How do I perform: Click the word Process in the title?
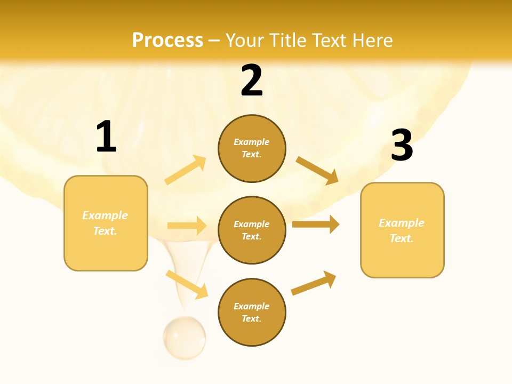click(x=167, y=41)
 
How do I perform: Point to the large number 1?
click(x=106, y=137)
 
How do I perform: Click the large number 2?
click(x=252, y=81)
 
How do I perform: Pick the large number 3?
click(x=402, y=145)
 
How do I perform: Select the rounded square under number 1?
click(x=106, y=223)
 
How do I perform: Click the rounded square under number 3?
click(x=402, y=230)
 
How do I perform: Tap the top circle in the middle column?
click(x=252, y=148)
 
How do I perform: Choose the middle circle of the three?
click(x=252, y=230)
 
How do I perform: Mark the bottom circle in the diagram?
click(x=252, y=313)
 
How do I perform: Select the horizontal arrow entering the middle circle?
click(x=187, y=226)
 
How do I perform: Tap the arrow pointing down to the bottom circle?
click(x=187, y=284)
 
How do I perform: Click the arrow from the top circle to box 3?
click(x=317, y=170)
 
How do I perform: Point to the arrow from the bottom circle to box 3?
click(x=314, y=283)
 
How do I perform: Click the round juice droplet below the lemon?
click(x=185, y=337)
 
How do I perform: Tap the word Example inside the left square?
click(x=105, y=215)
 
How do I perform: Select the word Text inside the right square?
click(x=402, y=238)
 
